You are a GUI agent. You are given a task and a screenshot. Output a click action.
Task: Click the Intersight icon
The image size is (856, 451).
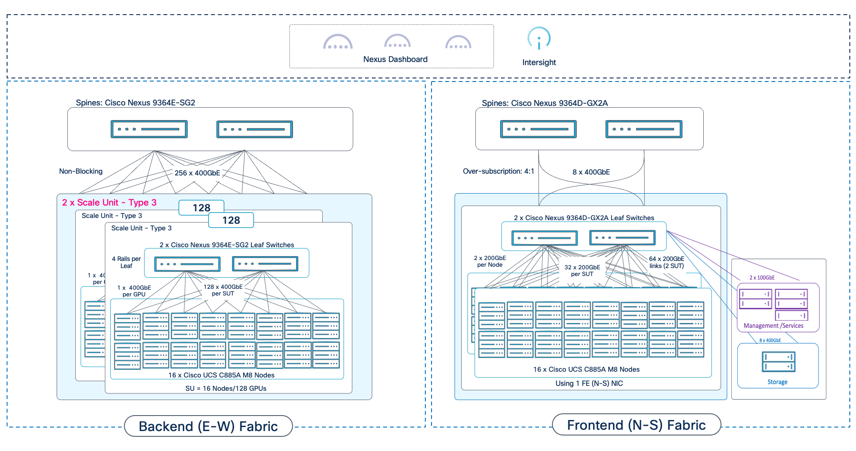[539, 39]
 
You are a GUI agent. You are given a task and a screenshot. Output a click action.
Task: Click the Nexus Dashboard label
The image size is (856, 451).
[395, 59]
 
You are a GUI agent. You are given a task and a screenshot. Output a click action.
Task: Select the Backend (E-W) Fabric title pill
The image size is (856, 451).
[208, 426]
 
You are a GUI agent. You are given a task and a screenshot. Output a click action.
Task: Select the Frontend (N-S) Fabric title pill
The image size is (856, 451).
[636, 425]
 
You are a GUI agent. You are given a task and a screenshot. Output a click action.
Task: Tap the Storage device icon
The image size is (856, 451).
[778, 362]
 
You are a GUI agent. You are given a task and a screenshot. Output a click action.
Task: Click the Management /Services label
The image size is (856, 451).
[773, 326]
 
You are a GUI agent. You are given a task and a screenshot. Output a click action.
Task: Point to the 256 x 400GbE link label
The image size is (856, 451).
[197, 173]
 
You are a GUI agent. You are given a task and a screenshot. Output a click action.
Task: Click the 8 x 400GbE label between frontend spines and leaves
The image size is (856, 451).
[591, 172]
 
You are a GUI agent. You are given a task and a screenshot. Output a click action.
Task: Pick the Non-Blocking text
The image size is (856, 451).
[81, 171]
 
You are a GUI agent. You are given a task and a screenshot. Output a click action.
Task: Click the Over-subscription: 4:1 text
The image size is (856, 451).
[498, 171]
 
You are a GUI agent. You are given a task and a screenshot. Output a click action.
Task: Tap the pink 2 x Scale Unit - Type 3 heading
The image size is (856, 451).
[109, 202]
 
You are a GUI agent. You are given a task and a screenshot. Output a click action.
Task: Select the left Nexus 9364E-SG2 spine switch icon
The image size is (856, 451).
[149, 129]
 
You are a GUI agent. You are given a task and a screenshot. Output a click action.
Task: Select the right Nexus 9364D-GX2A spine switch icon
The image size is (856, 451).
[644, 129]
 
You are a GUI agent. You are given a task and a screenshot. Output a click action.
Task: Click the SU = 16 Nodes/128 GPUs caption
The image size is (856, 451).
[226, 388]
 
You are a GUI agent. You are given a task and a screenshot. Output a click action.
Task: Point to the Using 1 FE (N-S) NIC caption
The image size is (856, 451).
[589, 383]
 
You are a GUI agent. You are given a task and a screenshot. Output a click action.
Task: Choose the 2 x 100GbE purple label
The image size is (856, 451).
[762, 278]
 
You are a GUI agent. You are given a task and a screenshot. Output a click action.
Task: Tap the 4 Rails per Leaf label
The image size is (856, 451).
[126, 262]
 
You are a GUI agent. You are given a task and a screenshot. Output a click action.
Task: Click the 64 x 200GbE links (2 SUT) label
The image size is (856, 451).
[667, 262]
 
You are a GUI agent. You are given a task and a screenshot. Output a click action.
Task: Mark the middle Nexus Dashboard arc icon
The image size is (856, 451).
[397, 42]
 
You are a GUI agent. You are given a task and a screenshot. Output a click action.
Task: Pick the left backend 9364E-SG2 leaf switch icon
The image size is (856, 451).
[187, 264]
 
